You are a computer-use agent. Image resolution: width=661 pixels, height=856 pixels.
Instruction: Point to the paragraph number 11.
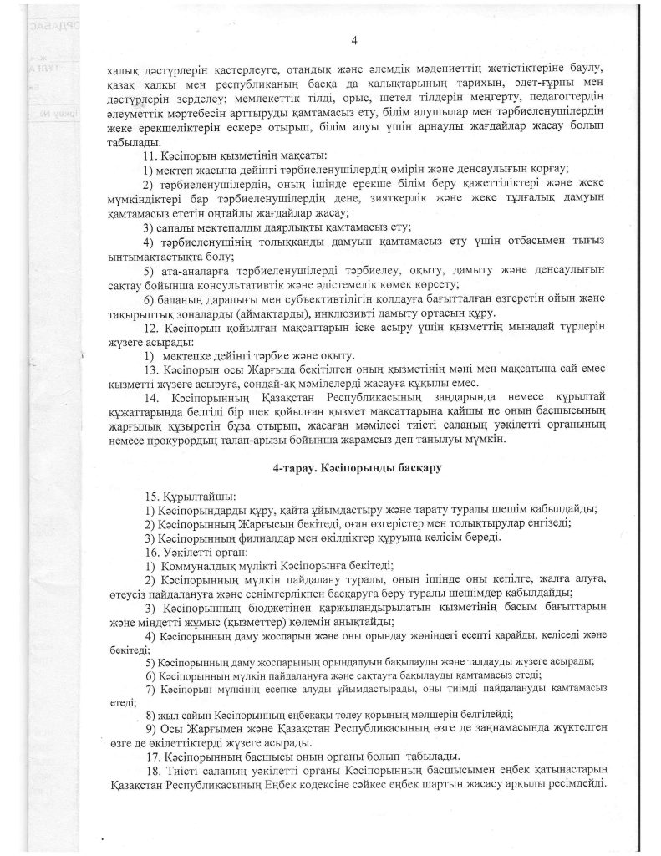click(x=151, y=156)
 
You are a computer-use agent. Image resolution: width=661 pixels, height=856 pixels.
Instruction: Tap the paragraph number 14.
click(x=151, y=399)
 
